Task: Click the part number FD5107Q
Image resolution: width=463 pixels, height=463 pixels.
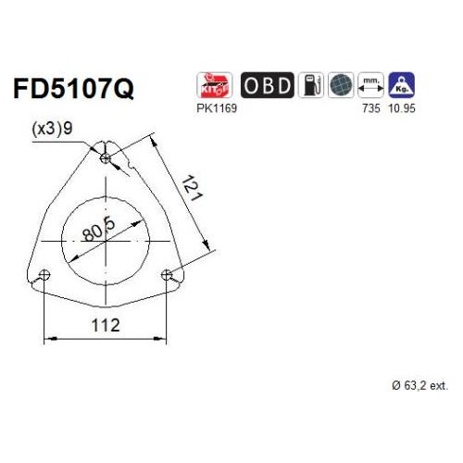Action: pos(73,88)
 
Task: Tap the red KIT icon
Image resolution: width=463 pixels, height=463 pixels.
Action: pos(214,85)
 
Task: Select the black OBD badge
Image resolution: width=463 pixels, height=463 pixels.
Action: pos(268,85)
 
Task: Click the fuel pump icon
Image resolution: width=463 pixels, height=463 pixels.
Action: pos(311,85)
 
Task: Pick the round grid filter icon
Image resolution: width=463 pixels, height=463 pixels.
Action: pos(341,85)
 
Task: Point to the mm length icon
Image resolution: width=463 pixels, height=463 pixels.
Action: pos(370,85)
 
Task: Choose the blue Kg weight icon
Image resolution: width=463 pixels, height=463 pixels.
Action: pos(401,85)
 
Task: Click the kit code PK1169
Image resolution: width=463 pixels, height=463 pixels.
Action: pos(217,108)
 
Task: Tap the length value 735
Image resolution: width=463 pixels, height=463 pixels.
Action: pos(371,108)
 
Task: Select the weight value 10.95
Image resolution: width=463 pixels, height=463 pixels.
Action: pos(402,108)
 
